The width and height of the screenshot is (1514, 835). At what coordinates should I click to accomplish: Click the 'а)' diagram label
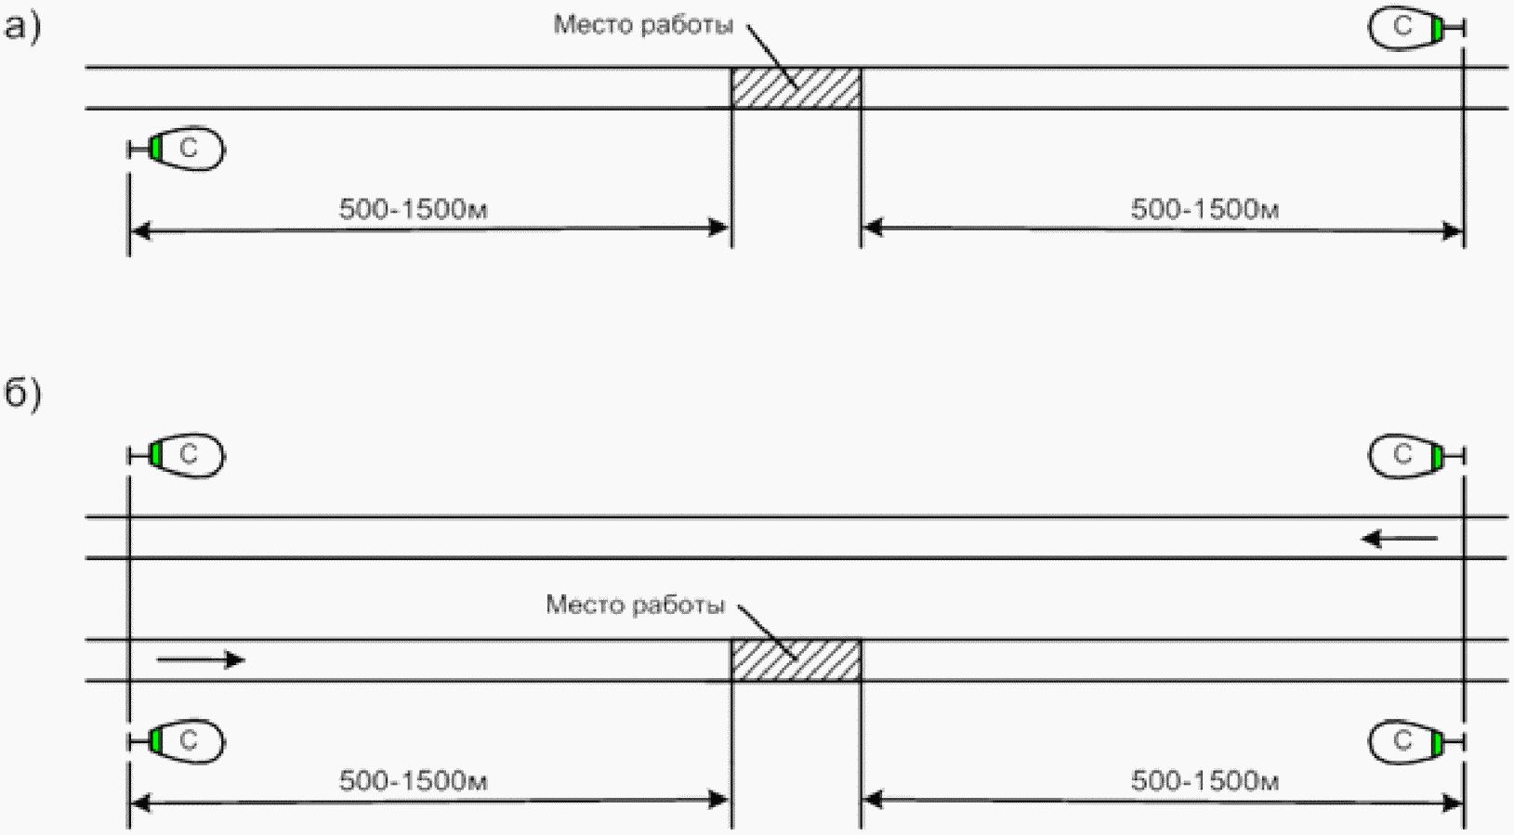22,29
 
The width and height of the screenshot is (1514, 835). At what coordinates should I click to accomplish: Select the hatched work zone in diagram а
796,87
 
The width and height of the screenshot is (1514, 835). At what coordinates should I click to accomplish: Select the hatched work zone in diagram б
796,660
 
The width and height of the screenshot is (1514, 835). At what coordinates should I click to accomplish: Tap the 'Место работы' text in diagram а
643,26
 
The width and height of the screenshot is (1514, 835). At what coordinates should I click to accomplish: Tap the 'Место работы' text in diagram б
636,605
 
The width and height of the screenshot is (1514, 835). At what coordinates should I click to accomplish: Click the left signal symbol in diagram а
177,148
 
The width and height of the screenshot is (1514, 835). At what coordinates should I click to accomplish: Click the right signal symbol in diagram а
1416,28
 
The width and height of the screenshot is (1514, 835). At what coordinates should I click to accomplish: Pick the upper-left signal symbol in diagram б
177,455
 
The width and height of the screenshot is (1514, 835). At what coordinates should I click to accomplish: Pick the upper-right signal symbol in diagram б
1416,456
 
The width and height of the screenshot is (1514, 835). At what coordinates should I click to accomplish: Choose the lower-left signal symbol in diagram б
177,742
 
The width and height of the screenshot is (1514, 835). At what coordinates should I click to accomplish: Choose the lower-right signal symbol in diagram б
1416,742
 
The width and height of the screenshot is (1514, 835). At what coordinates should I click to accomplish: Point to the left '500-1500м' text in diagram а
413,209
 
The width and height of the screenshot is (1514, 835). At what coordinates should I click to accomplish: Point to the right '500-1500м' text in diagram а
1205,209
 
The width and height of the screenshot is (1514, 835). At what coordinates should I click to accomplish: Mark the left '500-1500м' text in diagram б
413,782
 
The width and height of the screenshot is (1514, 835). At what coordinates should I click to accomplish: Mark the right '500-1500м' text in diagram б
1205,782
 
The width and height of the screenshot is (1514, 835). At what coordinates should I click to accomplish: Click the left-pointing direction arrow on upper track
1399,539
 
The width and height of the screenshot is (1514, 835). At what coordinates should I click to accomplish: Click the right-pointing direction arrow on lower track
201,659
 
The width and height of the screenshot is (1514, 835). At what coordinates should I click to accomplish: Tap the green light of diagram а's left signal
155,148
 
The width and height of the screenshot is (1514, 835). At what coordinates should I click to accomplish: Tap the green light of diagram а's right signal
1436,28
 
